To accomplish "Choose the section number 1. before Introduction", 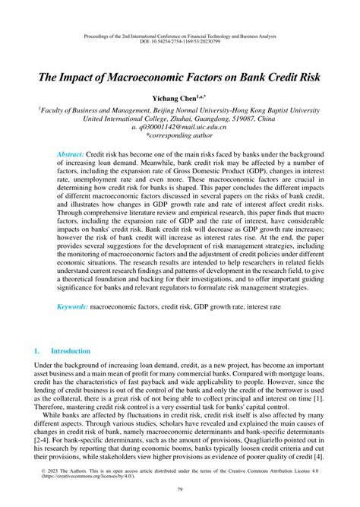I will (x=36, y=351).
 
